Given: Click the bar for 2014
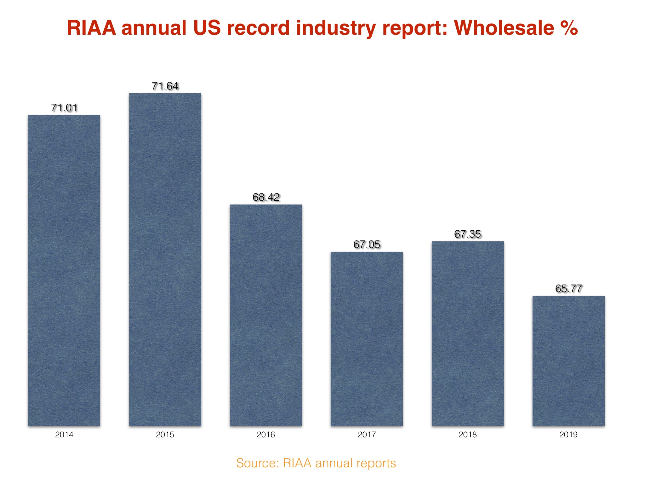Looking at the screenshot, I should pos(64,270).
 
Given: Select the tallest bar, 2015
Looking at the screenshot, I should pos(165,259).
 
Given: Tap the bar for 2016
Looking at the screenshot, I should pos(266,315).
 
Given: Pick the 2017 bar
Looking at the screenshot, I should pos(367,339).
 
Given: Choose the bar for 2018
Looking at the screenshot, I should pos(468,333).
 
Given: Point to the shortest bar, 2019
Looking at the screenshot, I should pos(568,361).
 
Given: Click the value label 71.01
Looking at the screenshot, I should pos(64,108).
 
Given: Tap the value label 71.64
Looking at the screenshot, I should pos(165,86).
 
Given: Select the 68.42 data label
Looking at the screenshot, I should pos(266,197).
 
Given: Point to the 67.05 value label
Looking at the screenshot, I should pos(367,245).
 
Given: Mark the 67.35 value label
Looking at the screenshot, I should pos(468,234).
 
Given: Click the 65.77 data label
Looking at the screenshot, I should pos(568,289).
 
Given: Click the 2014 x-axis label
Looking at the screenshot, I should pos(64,435).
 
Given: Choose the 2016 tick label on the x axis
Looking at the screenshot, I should pos(266,435).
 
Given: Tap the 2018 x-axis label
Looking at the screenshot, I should pos(468,435).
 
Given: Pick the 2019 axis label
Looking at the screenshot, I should pos(568,435).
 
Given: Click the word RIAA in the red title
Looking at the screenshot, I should pos(91,28).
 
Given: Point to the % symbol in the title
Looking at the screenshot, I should pos(568,28).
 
